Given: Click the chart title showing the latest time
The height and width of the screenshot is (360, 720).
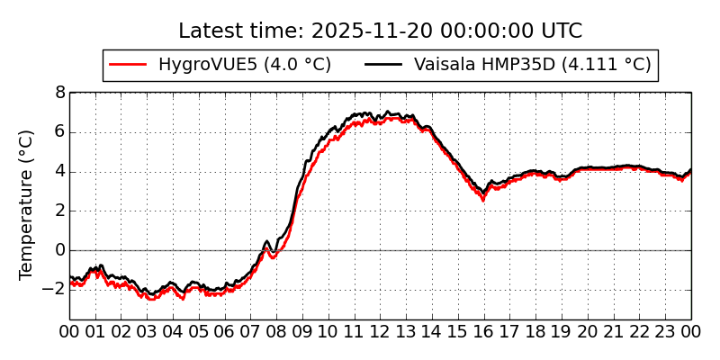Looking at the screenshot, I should click(380, 31).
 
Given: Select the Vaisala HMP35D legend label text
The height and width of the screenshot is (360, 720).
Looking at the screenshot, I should click(532, 65).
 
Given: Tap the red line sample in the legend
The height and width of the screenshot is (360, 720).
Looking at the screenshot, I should click(127, 65).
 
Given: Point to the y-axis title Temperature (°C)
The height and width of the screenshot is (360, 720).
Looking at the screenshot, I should click(27, 204).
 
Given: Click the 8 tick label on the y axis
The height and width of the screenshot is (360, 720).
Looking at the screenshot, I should click(59, 92).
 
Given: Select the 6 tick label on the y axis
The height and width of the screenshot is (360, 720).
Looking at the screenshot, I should click(59, 131).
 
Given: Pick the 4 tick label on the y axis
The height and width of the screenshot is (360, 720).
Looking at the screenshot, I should click(59, 171).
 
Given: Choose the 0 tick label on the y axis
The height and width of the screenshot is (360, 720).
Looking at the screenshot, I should click(59, 250).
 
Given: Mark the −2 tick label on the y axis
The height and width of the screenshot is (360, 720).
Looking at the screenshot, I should click(55, 290).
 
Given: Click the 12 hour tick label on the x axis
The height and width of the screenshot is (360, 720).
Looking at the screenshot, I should click(381, 331).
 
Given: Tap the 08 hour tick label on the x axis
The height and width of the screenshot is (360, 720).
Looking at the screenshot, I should click(277, 331).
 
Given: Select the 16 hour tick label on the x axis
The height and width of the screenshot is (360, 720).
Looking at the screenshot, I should click(484, 331).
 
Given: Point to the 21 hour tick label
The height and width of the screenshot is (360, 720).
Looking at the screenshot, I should click(614, 331).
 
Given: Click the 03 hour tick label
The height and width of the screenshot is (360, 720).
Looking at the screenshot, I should click(148, 331).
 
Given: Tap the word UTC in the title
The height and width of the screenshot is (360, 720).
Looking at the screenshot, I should click(562, 31).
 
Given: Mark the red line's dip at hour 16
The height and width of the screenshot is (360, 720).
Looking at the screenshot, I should click(483, 199).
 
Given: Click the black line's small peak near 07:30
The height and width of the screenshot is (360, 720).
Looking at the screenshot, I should click(266, 241).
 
